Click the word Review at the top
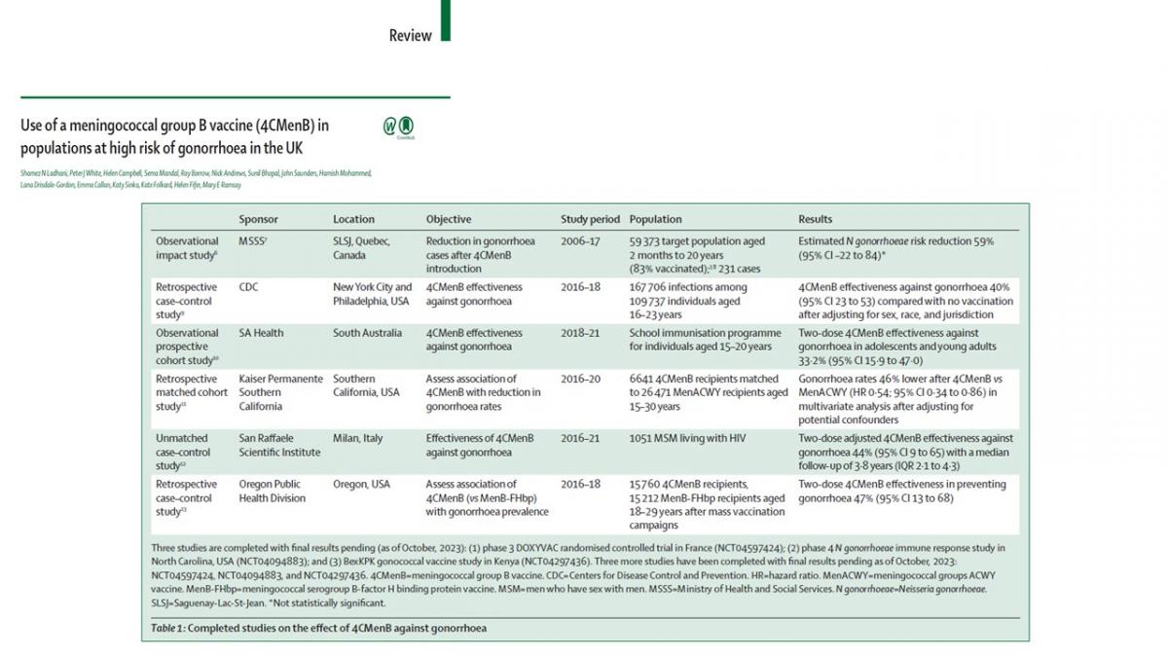click(410, 36)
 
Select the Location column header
click(353, 219)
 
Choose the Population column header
click(655, 219)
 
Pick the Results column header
click(816, 219)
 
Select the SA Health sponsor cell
click(262, 333)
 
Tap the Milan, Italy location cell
click(358, 438)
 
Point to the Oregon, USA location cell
click(361, 484)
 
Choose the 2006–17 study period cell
click(580, 240)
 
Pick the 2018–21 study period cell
click(580, 333)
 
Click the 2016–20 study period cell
click(580, 379)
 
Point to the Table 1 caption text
click(318, 628)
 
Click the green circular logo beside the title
click(390, 127)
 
